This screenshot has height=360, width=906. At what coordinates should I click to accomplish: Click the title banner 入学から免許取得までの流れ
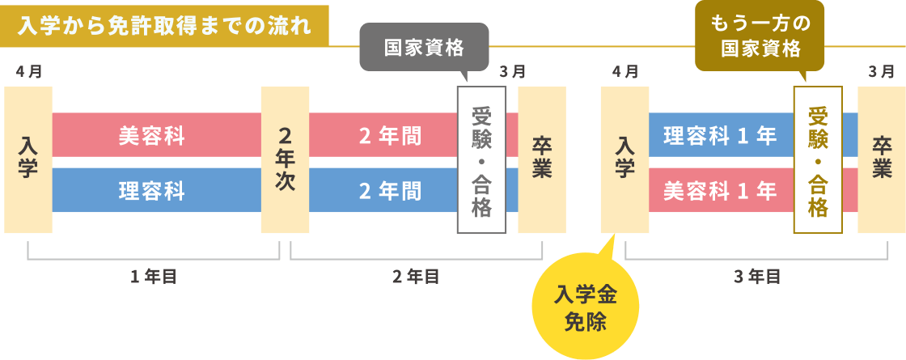[x=164, y=24]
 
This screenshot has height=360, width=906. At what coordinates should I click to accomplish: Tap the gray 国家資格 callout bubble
[x=424, y=48]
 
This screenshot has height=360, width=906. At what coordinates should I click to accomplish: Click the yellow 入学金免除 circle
[x=586, y=307]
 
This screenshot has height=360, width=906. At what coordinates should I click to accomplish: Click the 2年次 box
[x=285, y=159]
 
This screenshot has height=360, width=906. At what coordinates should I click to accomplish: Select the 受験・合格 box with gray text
[x=481, y=159]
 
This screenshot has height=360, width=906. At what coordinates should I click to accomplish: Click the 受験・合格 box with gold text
[x=818, y=159]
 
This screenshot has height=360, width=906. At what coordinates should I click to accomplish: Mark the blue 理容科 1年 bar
[x=720, y=135]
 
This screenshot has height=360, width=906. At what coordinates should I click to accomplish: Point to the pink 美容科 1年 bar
[x=720, y=190]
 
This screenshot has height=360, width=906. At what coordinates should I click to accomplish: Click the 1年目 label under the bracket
[x=153, y=277]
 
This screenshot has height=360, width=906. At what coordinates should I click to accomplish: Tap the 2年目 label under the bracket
[x=416, y=277]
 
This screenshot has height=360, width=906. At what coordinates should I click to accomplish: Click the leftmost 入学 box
[x=28, y=159]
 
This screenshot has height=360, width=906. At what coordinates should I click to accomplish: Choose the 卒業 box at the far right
[x=881, y=159]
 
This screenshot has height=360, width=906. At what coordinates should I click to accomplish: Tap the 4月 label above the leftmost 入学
[x=28, y=71]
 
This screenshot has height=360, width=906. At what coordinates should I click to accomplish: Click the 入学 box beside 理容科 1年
[x=624, y=159]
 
